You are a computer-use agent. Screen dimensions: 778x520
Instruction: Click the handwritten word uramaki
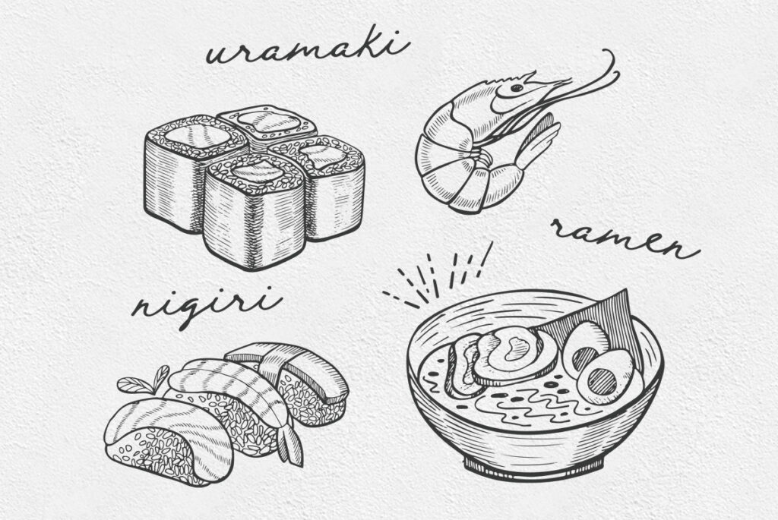pyautogui.click(x=308, y=49)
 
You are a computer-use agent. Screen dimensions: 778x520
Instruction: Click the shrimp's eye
pyautogui.click(x=517, y=88)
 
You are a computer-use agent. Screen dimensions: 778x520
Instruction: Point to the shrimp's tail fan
pyautogui.click(x=539, y=139)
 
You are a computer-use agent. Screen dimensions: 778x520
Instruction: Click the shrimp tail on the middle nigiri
pyautogui.click(x=291, y=443)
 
